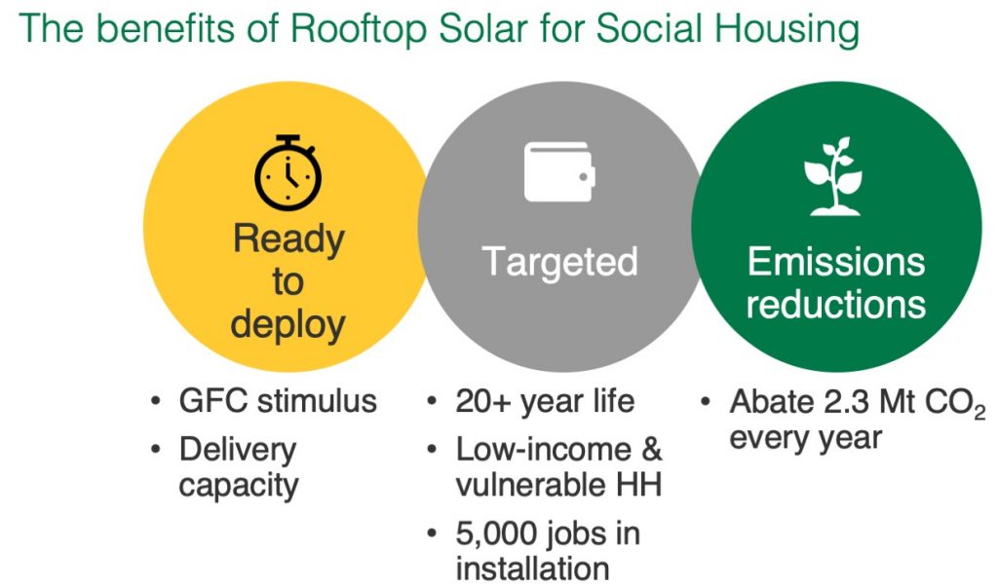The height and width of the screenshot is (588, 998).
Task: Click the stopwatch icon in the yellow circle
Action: [x=288, y=172]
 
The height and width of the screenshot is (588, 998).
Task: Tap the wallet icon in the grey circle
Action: [x=559, y=171]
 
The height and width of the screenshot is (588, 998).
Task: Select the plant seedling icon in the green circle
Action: [x=833, y=175]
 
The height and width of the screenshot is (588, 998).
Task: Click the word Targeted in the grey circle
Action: [x=559, y=262]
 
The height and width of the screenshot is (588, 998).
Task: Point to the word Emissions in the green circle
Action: [x=835, y=261]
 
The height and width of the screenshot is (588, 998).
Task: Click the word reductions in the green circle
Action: [x=835, y=304]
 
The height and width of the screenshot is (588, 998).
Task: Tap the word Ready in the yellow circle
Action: [x=288, y=240]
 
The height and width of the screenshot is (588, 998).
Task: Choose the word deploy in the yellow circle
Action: [x=288, y=325]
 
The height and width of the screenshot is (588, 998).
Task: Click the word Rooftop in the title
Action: [x=358, y=28]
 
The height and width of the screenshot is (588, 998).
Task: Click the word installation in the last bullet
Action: [x=533, y=569]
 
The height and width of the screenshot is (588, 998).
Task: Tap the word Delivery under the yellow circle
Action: [x=238, y=451]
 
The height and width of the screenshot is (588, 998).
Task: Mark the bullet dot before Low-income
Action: [x=432, y=450]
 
